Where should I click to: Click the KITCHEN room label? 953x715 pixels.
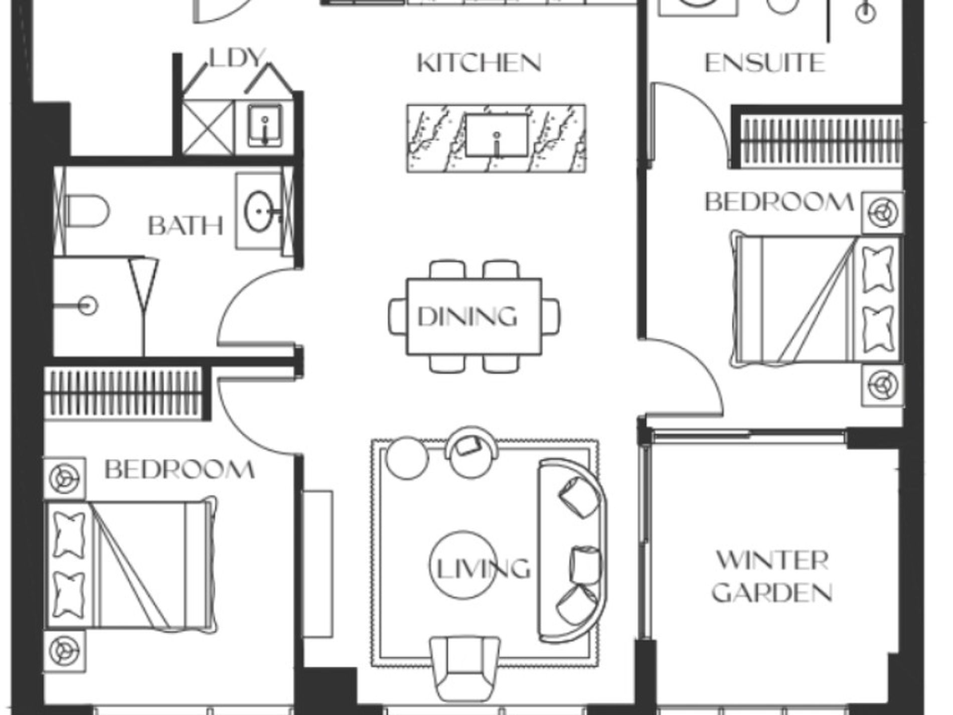(479, 63)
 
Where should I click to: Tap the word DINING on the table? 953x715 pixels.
(467, 317)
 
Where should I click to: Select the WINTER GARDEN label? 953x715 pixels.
(772, 577)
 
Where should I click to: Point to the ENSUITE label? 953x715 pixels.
(765, 63)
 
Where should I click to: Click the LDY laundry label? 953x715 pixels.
(236, 58)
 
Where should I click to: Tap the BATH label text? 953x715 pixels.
(186, 226)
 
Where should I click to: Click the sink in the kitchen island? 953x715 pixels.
(497, 135)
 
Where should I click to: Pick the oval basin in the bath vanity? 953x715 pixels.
(259, 212)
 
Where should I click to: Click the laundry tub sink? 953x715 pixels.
(265, 125)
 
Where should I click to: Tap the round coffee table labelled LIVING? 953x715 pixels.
(463, 565)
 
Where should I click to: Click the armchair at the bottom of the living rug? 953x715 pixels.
(465, 669)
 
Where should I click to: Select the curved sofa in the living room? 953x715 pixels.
(572, 550)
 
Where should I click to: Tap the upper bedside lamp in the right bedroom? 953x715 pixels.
(883, 212)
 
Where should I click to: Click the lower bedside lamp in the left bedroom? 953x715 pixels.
(64, 651)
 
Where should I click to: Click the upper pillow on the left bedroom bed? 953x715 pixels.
(69, 534)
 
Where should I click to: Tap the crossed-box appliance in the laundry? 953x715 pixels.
(208, 127)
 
